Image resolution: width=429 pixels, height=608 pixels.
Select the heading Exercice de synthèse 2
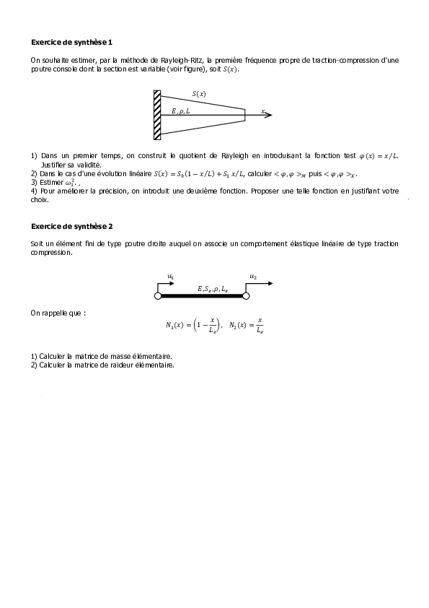click(72, 226)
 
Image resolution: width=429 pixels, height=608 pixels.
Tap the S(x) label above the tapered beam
click(199, 94)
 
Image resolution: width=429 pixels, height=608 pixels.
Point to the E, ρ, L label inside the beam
click(181, 110)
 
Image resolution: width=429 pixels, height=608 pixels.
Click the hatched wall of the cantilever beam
click(157, 114)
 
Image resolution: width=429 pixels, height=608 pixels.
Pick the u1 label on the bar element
click(170, 276)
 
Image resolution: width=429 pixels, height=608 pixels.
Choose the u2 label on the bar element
click(253, 276)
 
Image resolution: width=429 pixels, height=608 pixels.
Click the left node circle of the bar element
click(158, 295)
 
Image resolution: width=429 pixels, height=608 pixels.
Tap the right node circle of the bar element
click(245, 295)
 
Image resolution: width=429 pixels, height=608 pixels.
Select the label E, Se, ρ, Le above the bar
click(212, 288)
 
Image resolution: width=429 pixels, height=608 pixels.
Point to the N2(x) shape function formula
click(246, 326)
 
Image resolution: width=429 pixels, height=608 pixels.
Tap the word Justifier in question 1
click(55, 165)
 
